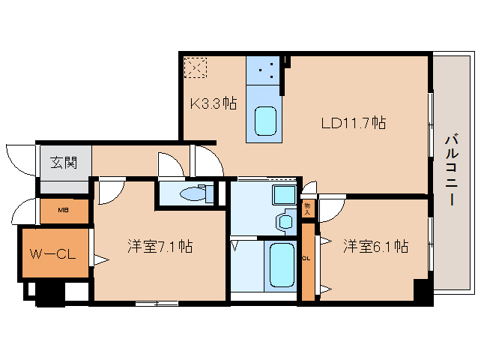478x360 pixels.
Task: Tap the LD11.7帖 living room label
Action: click(x=353, y=122)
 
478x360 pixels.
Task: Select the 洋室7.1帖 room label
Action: click(x=159, y=246)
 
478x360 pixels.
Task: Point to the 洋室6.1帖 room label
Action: click(x=375, y=246)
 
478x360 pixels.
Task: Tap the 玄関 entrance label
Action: click(x=64, y=161)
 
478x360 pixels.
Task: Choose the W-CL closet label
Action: click(x=52, y=254)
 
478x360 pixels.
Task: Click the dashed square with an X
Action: click(x=196, y=68)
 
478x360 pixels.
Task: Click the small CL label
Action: click(x=307, y=259)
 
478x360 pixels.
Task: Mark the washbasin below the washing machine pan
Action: click(x=285, y=222)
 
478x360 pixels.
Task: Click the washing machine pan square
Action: click(x=283, y=196)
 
